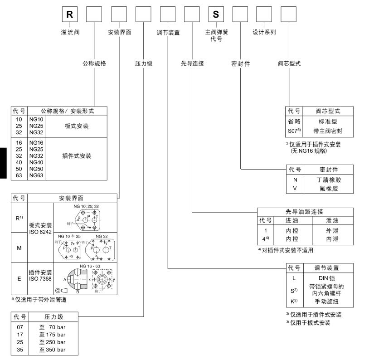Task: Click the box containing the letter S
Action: [x=215, y=15]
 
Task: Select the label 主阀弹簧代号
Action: [x=215, y=36]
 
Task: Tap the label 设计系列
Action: [x=264, y=33]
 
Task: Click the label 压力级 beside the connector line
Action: [x=144, y=63]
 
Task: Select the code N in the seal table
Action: [x=295, y=180]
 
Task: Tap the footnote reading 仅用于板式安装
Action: [x=313, y=323]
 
